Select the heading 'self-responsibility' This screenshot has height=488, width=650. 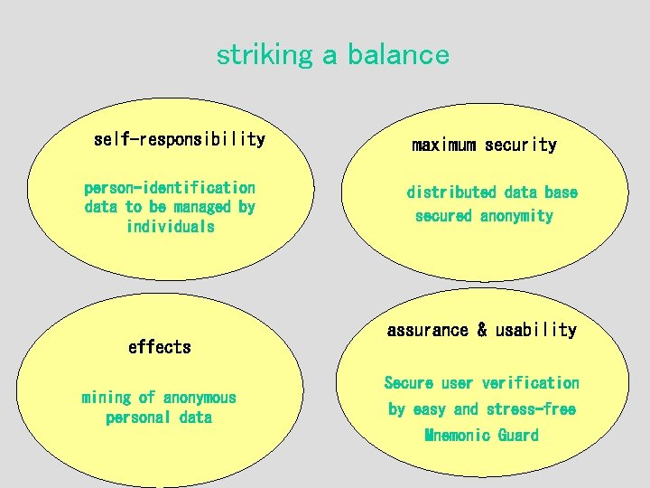point(180,139)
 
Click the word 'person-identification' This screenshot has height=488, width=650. point(170,188)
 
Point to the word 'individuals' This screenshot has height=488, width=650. point(171,226)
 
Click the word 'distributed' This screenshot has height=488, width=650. point(451,192)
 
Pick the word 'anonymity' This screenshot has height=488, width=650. point(516,216)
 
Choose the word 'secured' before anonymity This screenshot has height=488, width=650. point(443,216)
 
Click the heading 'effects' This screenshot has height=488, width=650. point(160,347)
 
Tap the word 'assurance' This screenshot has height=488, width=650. point(429,330)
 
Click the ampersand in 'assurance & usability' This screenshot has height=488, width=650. point(482,330)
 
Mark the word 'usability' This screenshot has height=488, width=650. point(535,330)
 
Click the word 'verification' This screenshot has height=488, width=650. point(531,383)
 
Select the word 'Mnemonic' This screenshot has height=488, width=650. point(457,436)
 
